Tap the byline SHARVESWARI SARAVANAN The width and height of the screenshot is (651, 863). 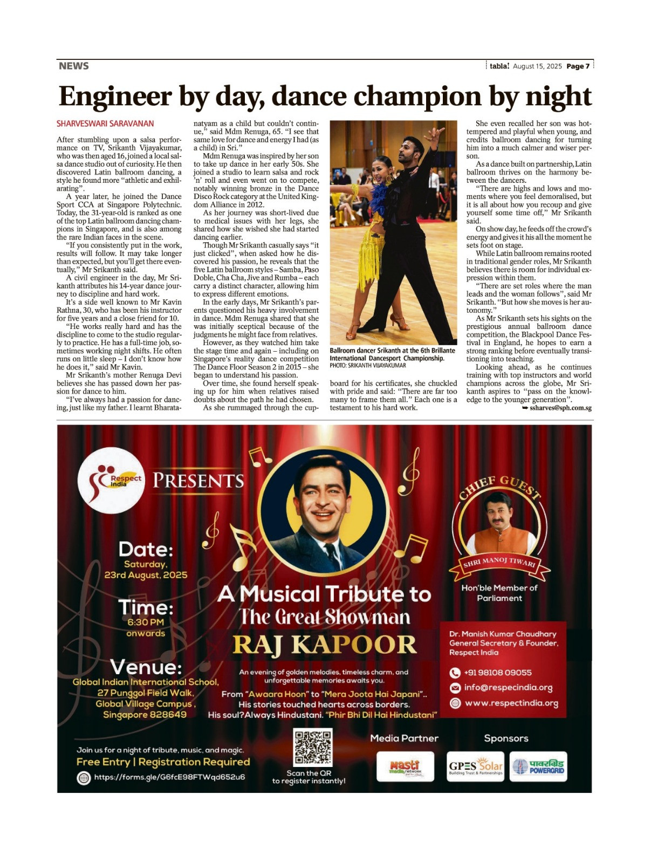point(105,124)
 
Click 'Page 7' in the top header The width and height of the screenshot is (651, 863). point(578,66)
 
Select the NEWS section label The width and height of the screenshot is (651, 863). point(74,66)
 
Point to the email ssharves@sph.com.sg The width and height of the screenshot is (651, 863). point(560,408)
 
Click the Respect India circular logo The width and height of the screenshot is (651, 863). point(112,480)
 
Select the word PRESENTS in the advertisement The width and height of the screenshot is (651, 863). point(198,480)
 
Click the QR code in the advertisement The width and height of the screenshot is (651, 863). point(313,747)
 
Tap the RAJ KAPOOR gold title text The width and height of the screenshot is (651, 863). point(325,645)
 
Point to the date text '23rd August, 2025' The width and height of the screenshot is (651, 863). point(146,575)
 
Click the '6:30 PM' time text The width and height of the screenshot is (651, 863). point(146,622)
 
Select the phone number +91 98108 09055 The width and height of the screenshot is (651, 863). point(497,673)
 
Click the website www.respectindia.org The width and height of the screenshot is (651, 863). point(511,703)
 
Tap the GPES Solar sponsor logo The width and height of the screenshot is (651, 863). point(476,767)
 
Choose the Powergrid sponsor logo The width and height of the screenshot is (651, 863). point(538,767)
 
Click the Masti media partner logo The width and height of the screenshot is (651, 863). point(405,767)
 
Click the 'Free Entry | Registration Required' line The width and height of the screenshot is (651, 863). point(163,762)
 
